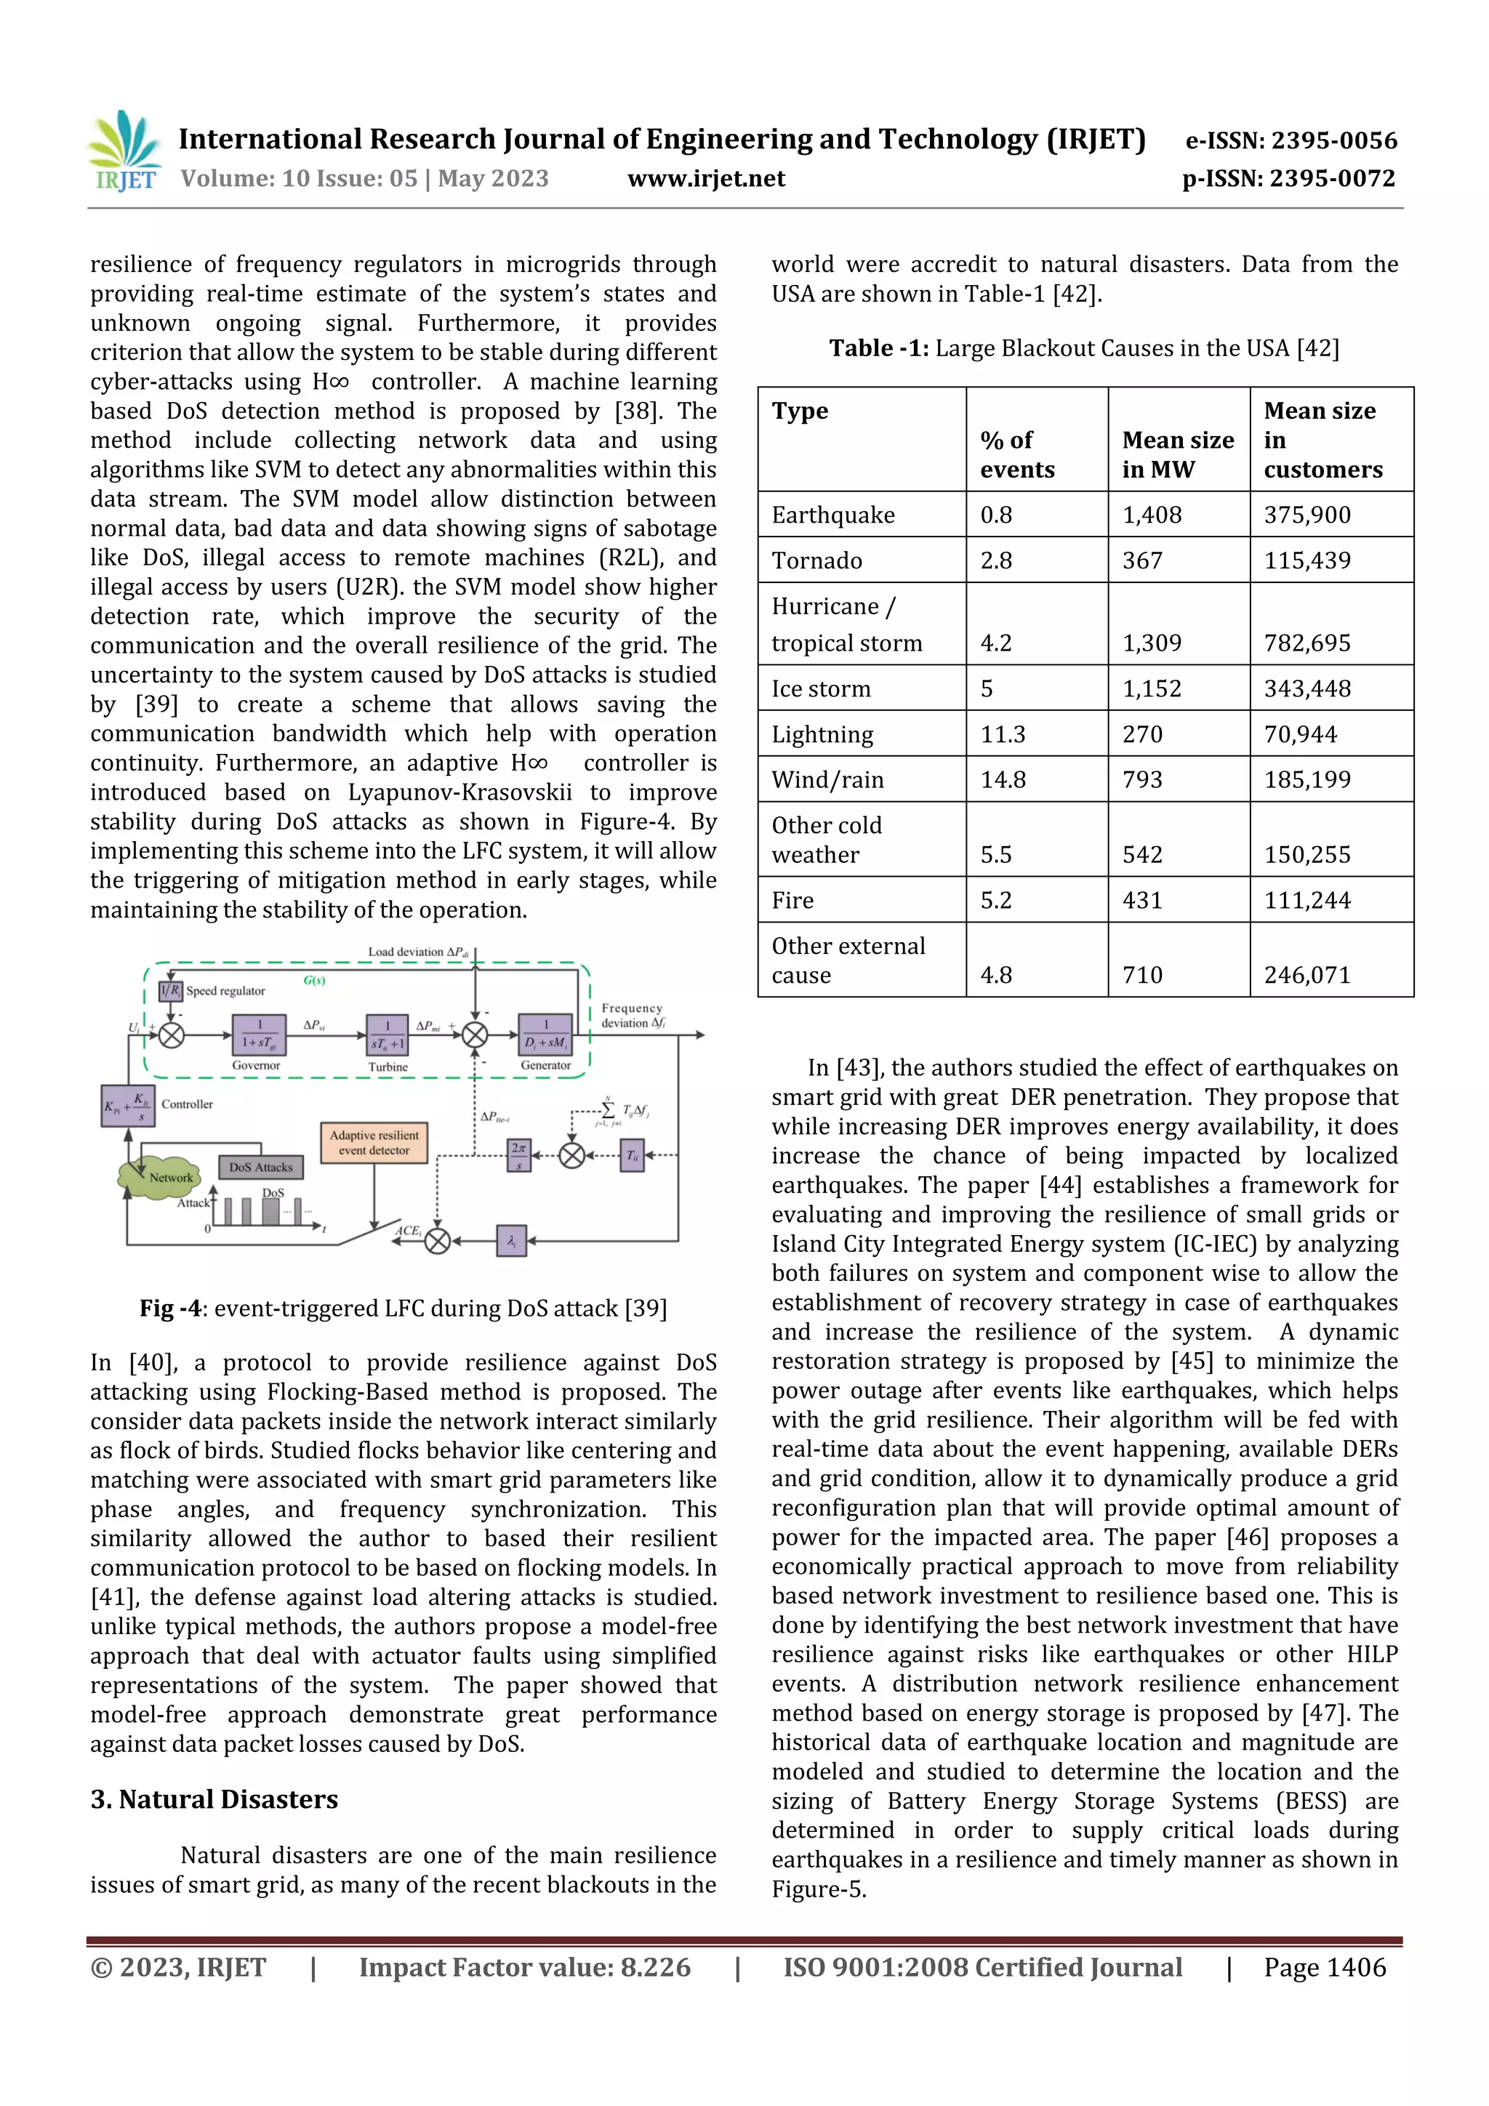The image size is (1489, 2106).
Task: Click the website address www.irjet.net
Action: pos(705,178)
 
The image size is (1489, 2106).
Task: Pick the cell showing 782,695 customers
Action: pos(1307,642)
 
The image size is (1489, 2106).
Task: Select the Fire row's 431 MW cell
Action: pos(1142,900)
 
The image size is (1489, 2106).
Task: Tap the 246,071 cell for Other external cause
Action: pos(1307,974)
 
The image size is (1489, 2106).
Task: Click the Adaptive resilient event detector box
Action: pos(374,1143)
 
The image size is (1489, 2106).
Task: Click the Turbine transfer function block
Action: pos(388,1036)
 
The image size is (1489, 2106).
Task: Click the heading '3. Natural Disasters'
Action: pos(214,1798)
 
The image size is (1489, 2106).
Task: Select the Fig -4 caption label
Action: pos(169,1308)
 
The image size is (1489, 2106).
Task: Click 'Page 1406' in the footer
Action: pos(1324,1966)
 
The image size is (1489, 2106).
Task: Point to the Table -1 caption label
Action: pos(878,348)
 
